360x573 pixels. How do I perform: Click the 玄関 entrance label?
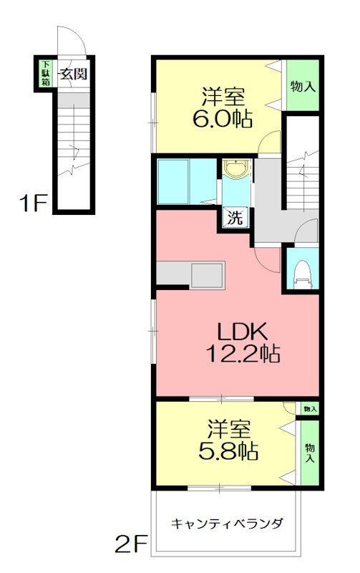click(74, 74)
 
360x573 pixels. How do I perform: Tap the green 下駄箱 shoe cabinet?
click(46, 73)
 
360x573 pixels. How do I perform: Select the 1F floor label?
click(34, 203)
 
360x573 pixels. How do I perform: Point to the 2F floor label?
click(131, 544)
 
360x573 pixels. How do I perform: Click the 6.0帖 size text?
click(223, 119)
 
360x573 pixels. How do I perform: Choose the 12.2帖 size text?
click(243, 353)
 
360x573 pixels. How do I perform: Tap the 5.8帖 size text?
click(228, 451)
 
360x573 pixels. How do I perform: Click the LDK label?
click(243, 332)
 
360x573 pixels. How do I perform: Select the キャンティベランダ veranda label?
click(227, 524)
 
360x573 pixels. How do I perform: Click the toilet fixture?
click(303, 274)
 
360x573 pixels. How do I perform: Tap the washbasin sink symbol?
click(237, 169)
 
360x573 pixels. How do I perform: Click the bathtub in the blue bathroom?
click(172, 181)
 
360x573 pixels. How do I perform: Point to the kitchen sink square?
click(208, 275)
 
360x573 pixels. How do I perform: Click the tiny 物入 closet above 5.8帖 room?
click(310, 408)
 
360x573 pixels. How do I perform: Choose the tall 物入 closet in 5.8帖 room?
click(310, 453)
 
